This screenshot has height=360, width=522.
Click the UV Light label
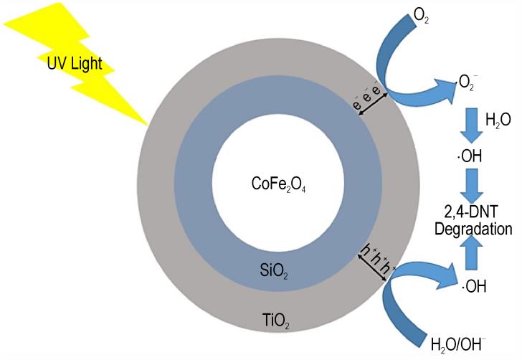[x=75, y=63]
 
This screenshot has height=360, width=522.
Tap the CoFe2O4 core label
[x=278, y=184]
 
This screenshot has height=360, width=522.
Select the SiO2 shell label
[x=274, y=270]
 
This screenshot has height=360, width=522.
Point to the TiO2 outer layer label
[x=276, y=321]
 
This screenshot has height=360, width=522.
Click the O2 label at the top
[x=421, y=16]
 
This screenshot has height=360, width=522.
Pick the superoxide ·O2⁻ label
[x=467, y=82]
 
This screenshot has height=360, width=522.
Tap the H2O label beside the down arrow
[x=498, y=120]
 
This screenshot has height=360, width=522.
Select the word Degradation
[x=473, y=229]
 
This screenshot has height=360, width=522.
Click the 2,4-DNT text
[x=471, y=212]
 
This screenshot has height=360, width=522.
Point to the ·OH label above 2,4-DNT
[x=470, y=156]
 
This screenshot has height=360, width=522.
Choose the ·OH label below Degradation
[x=474, y=286]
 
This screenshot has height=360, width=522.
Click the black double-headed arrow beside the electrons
[x=373, y=104]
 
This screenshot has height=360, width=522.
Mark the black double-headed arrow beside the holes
[x=372, y=267]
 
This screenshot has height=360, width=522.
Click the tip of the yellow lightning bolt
[x=148, y=125]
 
